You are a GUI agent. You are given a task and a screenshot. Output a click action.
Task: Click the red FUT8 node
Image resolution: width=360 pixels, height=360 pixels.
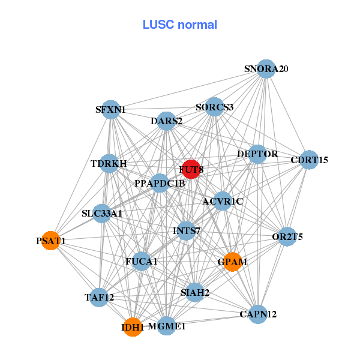pos(191,170)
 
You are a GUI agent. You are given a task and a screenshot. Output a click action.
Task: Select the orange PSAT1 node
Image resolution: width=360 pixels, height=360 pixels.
pos(50,241)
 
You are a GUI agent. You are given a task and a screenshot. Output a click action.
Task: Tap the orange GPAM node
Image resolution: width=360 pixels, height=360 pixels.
pos(232,262)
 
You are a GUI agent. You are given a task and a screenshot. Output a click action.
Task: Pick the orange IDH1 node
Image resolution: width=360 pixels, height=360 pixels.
pos(133,328)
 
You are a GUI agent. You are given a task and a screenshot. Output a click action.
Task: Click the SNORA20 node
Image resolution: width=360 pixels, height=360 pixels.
pos(266,69)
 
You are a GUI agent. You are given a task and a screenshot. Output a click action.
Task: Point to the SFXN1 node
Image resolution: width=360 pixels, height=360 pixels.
pos(111,109)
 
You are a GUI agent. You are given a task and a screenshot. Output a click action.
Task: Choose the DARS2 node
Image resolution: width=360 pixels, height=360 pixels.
pos(166,121)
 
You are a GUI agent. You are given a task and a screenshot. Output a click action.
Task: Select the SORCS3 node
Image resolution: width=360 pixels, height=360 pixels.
pos(214,107)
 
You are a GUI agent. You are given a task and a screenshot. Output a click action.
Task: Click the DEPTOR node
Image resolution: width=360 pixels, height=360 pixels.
pos(257,154)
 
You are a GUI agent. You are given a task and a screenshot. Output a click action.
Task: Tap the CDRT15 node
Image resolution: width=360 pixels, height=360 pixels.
pos(309,160)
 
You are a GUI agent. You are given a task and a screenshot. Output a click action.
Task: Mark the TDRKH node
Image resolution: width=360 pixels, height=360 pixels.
pos(109,163)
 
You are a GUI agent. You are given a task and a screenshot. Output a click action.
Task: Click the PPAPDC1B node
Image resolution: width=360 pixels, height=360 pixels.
pos(160,183)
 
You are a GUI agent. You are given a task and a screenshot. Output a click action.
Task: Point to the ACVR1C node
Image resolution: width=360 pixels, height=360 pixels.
pos(223,201)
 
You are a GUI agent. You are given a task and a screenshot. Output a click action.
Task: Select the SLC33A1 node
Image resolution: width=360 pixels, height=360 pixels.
pos(102,213)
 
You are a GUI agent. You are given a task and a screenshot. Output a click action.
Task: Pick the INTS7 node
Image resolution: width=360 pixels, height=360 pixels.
pos(187,230)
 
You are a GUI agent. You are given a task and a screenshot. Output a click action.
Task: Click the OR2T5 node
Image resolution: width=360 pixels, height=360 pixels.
pos(287,236)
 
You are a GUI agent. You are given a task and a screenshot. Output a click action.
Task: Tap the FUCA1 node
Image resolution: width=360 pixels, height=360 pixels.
pos(141,262)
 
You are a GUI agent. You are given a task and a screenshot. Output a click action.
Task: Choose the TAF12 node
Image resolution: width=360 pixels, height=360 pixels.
pos(99,297)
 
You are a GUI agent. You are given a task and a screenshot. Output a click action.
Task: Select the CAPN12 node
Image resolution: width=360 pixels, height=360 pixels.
pos(258,314)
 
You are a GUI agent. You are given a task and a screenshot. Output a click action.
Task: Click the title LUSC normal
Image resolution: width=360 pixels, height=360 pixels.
pos(180,25)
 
